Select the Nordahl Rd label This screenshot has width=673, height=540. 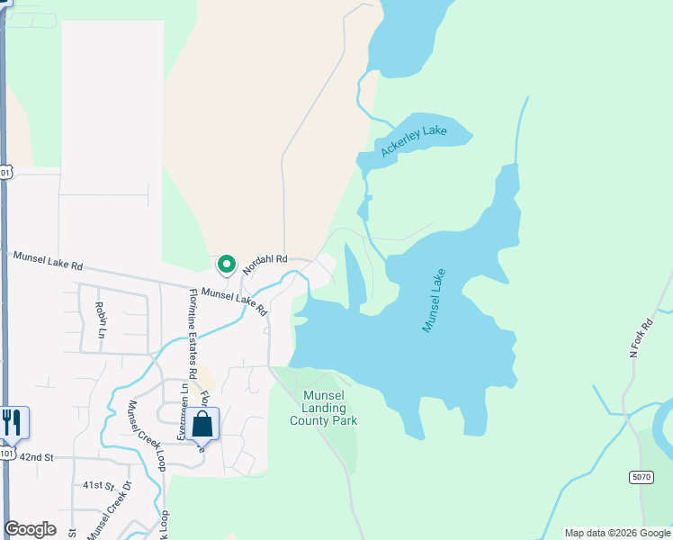click(265, 258)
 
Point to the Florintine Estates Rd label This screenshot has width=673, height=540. click(193, 334)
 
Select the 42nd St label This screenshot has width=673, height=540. click(38, 458)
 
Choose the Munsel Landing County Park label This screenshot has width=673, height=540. click(324, 408)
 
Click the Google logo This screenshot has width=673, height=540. click(30, 529)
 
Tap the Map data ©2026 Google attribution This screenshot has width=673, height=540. click(618, 533)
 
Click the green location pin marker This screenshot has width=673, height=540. click(227, 265)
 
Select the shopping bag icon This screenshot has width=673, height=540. click(203, 424)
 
